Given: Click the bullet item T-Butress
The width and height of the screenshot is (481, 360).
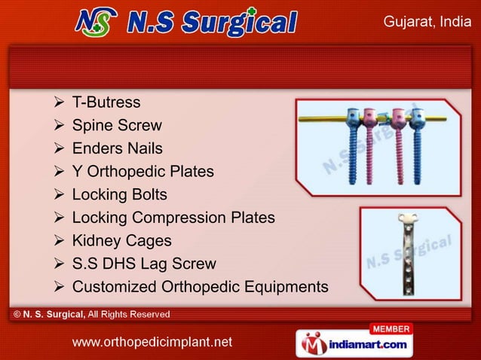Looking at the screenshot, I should click(106, 102).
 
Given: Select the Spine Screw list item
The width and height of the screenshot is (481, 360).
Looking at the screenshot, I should click(116, 125).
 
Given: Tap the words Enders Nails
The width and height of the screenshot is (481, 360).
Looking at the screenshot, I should click(117, 148).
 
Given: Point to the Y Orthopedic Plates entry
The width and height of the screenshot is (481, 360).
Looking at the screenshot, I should click(142, 172).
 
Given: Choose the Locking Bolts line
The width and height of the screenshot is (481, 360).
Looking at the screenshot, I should click(119, 195).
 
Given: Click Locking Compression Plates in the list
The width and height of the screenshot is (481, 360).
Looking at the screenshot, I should click(173, 218).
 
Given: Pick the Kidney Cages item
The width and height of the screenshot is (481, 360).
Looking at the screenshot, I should click(121, 241).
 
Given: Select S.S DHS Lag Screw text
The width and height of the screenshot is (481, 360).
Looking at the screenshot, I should click(143, 264).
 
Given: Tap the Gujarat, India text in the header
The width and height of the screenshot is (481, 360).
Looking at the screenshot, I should click(427, 22).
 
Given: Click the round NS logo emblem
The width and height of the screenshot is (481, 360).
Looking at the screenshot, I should click(96, 22).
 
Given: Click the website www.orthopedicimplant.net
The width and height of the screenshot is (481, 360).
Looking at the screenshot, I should click(152, 343).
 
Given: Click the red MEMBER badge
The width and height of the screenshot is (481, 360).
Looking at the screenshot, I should click(391, 329).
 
